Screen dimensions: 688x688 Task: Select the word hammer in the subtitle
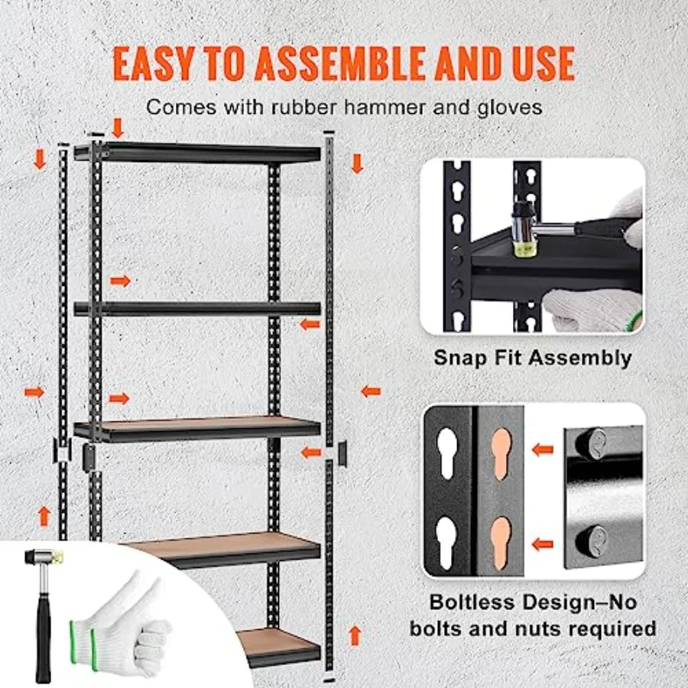point(385,108)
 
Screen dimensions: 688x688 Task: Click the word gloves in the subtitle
point(510,109)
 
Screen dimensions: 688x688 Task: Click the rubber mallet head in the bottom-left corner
point(44,557)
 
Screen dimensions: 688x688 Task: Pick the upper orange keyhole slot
point(501,452)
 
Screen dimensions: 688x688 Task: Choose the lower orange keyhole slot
point(501,544)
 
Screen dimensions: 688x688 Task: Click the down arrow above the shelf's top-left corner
point(117,127)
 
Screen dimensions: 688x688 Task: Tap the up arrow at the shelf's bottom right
point(355,635)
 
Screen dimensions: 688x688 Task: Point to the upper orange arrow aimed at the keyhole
point(542,449)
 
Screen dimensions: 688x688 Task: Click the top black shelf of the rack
point(197,153)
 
